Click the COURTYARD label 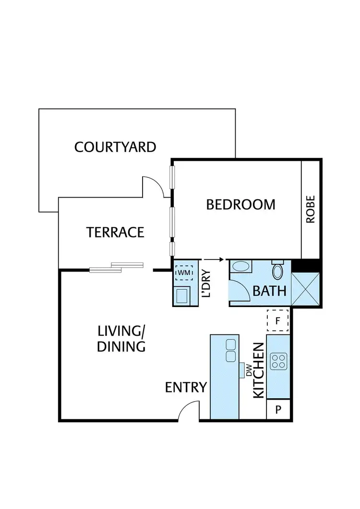point(115,147)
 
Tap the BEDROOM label point(240,204)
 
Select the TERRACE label point(115,232)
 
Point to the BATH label point(269,291)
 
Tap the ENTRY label point(186,387)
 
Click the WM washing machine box point(183,272)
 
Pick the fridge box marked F point(277,321)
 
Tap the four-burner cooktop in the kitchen point(278,361)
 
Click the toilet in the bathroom point(277,271)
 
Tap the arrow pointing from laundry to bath point(214,260)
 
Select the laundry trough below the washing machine point(183,296)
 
